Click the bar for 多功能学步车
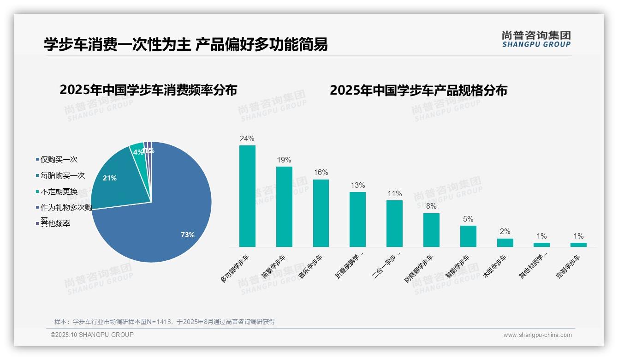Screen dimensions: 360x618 tap(247, 196)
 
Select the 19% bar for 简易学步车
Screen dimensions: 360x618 tap(284, 207)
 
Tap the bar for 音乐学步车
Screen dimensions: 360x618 tap(321, 213)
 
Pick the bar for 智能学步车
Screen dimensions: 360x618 tap(468, 236)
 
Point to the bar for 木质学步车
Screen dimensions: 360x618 tap(505, 243)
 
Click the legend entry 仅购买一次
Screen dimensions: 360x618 tap(59, 160)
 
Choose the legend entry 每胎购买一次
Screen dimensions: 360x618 tap(62, 176)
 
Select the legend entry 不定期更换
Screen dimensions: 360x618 tap(59, 192)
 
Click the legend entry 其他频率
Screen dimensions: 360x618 tap(55, 224)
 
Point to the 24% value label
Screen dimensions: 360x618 tap(247, 138)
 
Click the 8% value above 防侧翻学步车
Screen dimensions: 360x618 tap(431, 206)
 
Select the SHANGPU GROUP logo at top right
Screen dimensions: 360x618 tap(536, 39)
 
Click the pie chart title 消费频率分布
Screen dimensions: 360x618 tap(148, 90)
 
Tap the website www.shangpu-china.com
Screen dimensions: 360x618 tap(537, 335)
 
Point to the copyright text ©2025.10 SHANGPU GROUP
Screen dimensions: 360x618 tap(92, 335)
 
